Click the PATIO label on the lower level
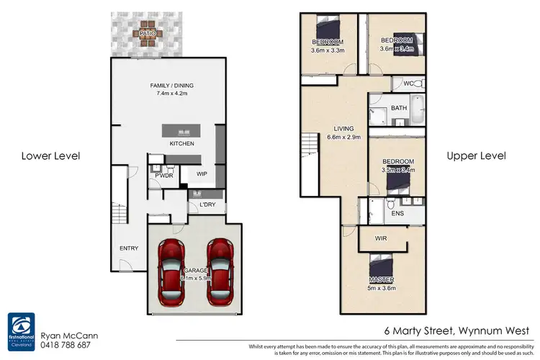pyautogui.click(x=148, y=32)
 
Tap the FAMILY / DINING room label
pyautogui.click(x=171, y=86)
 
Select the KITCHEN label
pyautogui.click(x=181, y=144)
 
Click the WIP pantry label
pyautogui.click(x=202, y=174)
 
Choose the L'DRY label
pyautogui.click(x=207, y=205)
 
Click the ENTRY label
pyautogui.click(x=129, y=248)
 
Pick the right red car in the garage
pyautogui.click(x=220, y=271)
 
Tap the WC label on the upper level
pyautogui.click(x=408, y=84)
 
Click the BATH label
pyautogui.click(x=398, y=109)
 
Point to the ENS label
pyautogui.click(x=397, y=214)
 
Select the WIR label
pyautogui.click(x=382, y=238)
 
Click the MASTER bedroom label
pyautogui.click(x=382, y=280)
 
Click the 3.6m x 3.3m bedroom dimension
pyautogui.click(x=328, y=50)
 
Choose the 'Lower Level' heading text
pyautogui.click(x=50, y=156)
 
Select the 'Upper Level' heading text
pyautogui.click(x=476, y=156)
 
